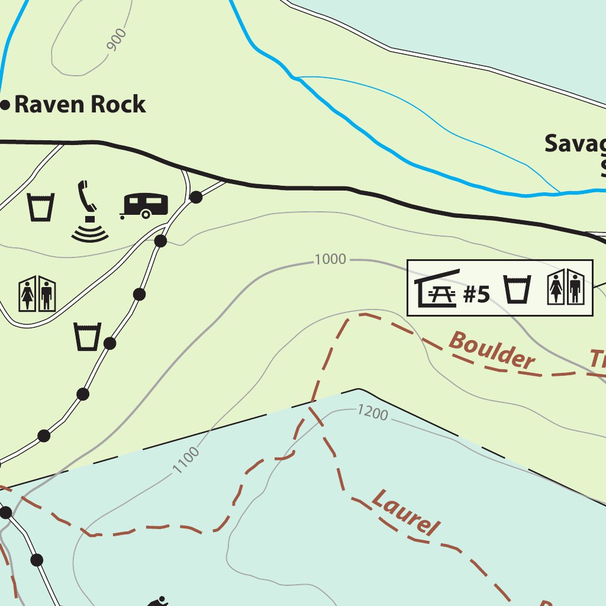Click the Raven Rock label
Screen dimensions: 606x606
79,104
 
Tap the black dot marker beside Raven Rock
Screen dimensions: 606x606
5,105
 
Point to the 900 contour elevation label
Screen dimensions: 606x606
117,40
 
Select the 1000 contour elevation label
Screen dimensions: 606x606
330,259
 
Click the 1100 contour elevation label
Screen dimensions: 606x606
186,460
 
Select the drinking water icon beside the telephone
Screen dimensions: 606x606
41,207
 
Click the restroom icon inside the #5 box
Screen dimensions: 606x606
565,287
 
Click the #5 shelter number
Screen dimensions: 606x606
476,294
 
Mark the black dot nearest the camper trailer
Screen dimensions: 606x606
196,198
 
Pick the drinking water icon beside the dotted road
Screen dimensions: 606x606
88,336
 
